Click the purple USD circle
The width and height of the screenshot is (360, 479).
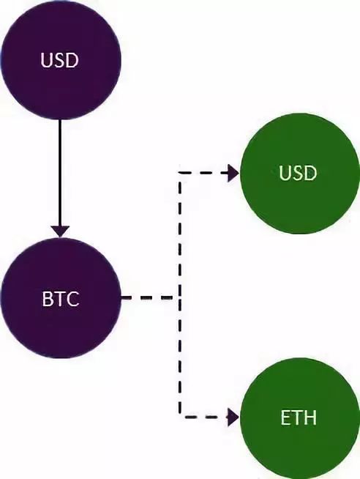[61, 60]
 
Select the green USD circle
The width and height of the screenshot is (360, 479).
[300, 174]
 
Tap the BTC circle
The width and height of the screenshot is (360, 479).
[61, 298]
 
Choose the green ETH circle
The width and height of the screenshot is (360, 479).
[300, 418]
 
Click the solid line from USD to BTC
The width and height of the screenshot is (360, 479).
[60, 173]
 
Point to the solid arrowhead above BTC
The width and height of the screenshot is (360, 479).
[60, 231]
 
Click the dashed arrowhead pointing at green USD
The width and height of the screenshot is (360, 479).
[233, 173]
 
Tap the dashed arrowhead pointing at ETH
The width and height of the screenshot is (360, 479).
[233, 417]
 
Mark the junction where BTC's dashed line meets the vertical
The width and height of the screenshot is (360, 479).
[180, 297]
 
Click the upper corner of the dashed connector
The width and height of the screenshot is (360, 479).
[180, 173]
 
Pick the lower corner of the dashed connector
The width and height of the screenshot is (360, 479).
[180, 416]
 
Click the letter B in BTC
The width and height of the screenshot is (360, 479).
[47, 298]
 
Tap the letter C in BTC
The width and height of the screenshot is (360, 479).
[72, 298]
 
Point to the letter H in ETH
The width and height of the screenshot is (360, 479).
[310, 417]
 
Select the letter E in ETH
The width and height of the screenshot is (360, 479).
[285, 417]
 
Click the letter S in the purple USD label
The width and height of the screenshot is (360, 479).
[60, 60]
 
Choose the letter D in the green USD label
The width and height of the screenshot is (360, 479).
[310, 173]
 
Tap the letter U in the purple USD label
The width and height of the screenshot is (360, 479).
[46, 60]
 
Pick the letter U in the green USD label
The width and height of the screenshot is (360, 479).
[285, 173]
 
